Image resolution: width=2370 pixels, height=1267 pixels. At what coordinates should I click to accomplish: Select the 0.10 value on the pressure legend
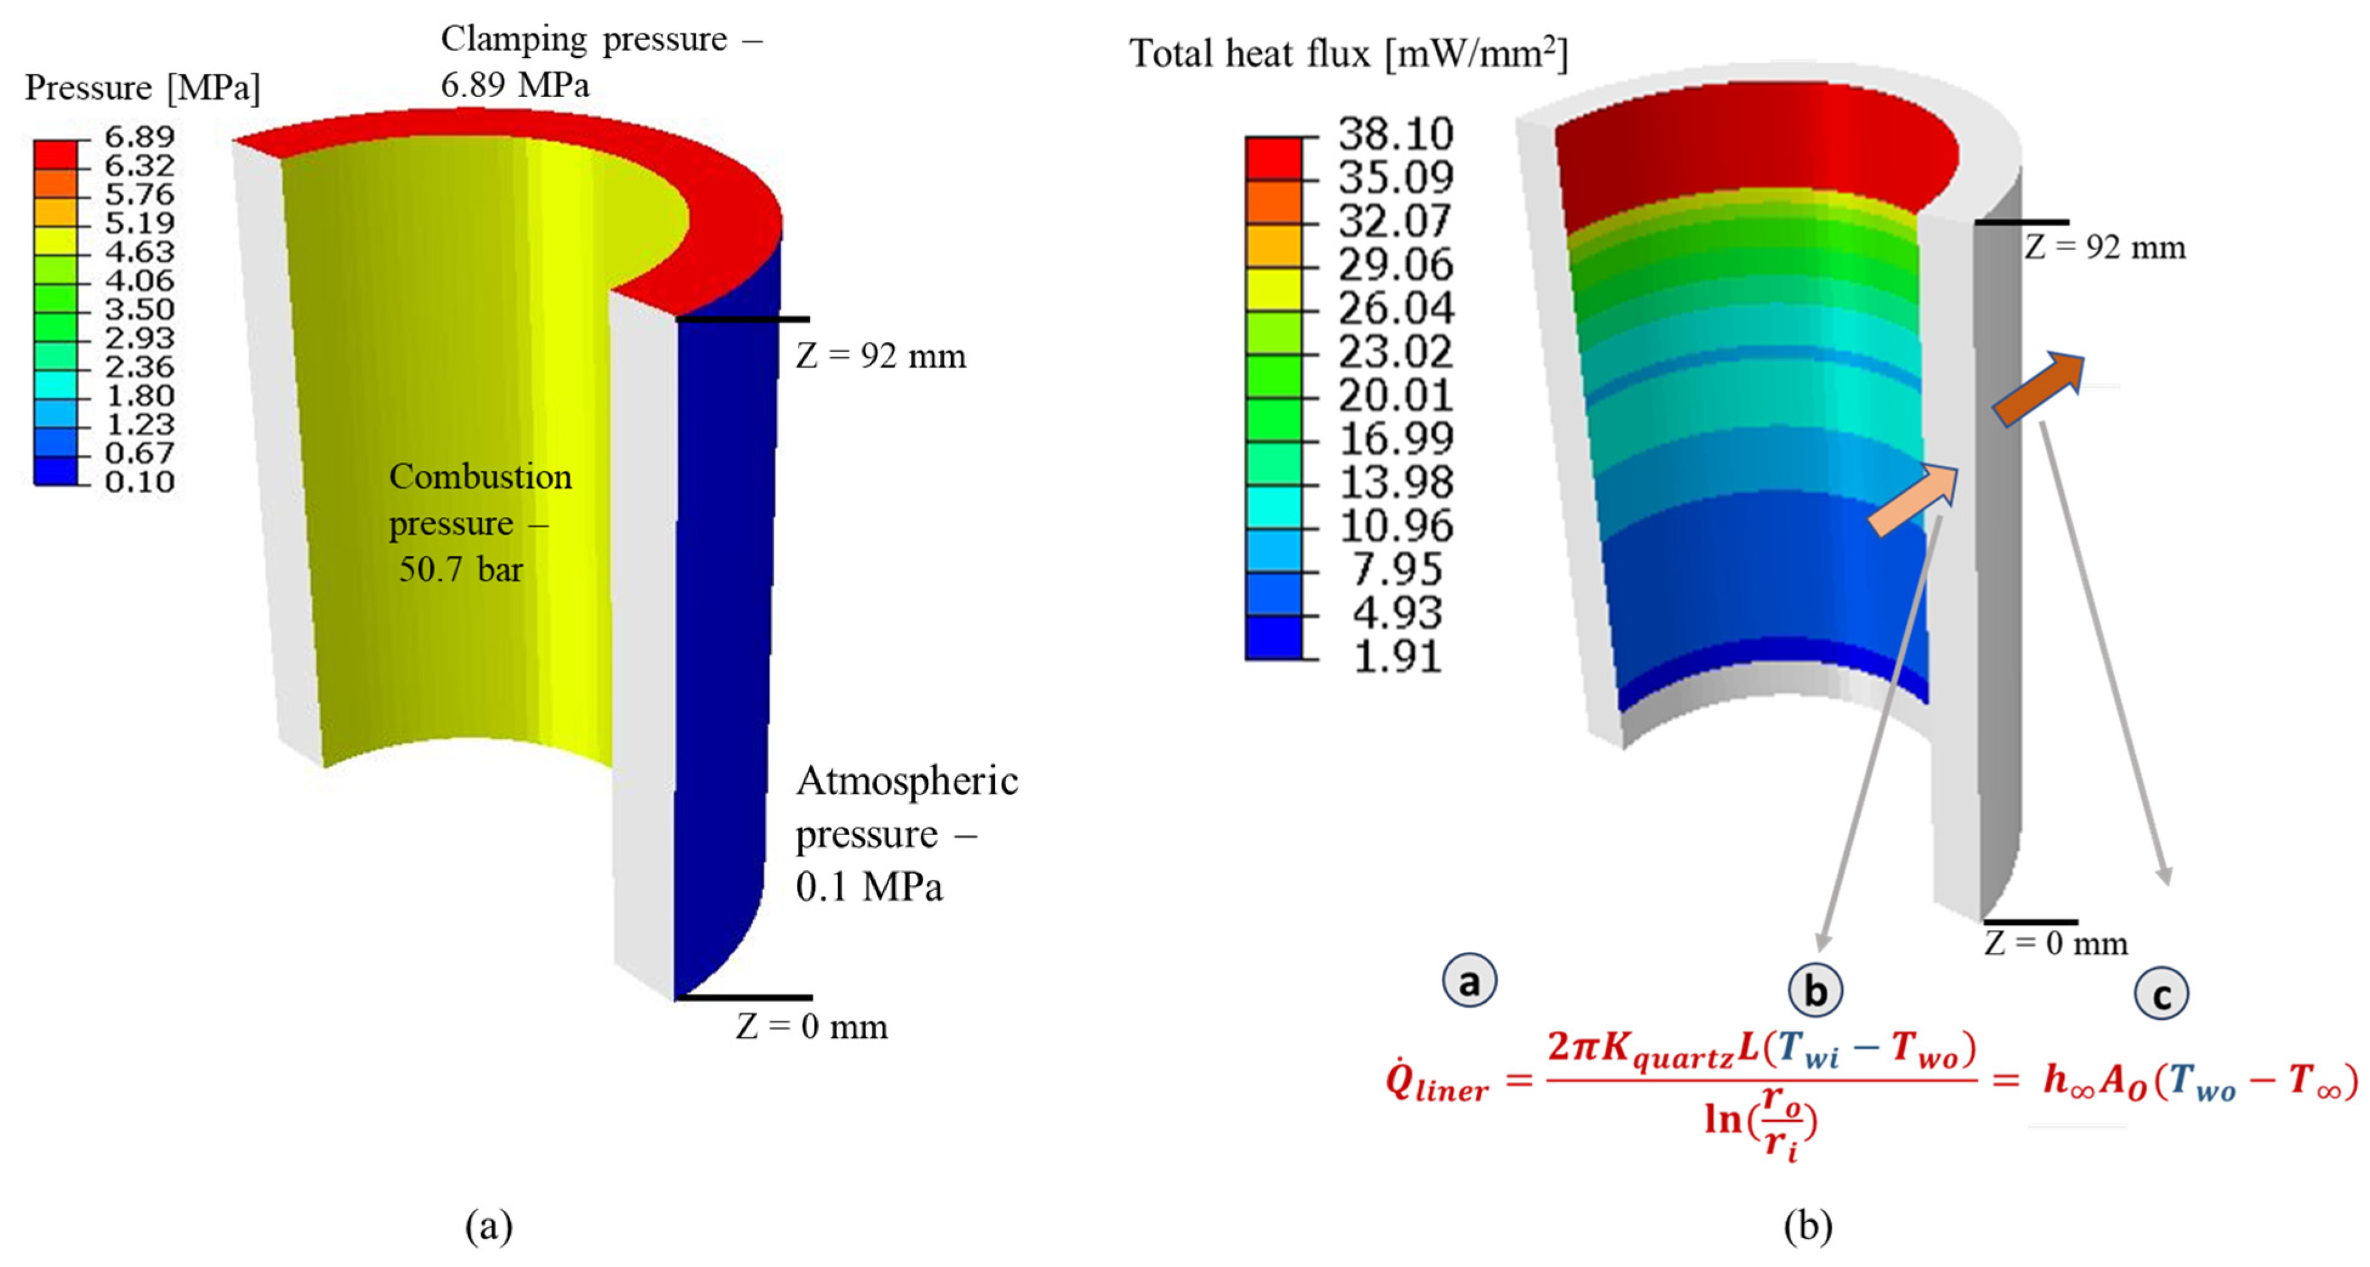(x=139, y=481)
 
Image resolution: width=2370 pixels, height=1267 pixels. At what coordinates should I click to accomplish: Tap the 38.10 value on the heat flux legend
(x=1395, y=134)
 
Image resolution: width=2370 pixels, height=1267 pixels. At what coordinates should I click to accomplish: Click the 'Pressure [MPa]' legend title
(x=143, y=87)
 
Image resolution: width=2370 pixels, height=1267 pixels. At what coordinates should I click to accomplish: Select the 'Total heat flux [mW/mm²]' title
(x=1348, y=53)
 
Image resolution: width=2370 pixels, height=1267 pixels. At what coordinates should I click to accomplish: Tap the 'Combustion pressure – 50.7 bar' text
(x=479, y=522)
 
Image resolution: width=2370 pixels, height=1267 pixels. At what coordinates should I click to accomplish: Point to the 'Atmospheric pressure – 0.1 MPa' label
(x=906, y=833)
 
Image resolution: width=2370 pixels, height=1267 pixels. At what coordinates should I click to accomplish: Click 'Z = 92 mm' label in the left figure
(x=881, y=356)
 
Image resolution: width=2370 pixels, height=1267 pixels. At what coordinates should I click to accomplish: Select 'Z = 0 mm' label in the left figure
(x=811, y=1026)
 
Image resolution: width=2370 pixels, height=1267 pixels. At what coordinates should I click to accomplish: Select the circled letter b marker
(x=1814, y=991)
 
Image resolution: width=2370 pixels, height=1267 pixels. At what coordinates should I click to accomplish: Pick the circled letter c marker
(x=2161, y=995)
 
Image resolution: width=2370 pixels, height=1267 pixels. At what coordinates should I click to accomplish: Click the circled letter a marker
(x=1469, y=981)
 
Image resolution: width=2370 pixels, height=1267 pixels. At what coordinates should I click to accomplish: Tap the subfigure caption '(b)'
(x=1808, y=1226)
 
